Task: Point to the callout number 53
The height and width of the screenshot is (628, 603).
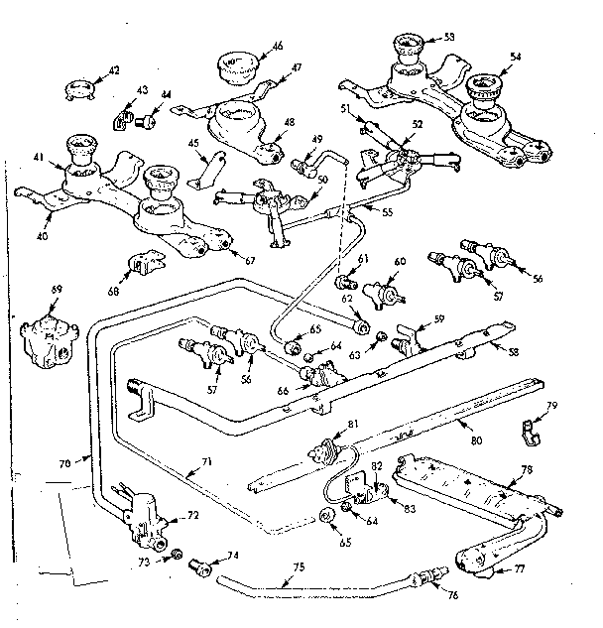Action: click(449, 36)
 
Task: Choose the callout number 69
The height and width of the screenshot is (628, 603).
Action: click(57, 289)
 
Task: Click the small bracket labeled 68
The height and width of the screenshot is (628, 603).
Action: click(145, 266)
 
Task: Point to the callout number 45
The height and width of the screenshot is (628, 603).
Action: click(194, 142)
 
